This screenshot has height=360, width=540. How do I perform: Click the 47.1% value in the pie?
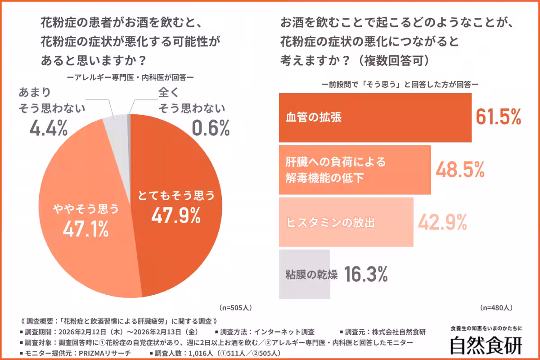pos(85,229)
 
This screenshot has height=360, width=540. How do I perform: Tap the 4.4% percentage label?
pos(49,129)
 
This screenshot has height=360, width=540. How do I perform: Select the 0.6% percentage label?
pos(211,129)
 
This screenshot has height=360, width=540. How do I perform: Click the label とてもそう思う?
pos(176,196)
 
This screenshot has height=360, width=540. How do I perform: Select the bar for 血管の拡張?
pos(375,117)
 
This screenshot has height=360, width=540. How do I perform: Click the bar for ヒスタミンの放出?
pos(346,222)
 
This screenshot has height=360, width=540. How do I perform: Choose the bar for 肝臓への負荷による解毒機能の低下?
pos(355,170)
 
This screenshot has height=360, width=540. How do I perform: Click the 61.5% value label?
pos(498,117)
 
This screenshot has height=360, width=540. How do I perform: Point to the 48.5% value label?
pos(460,170)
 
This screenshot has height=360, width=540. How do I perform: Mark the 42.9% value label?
pos(443,221)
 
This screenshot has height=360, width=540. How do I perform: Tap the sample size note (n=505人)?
pos(235,308)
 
